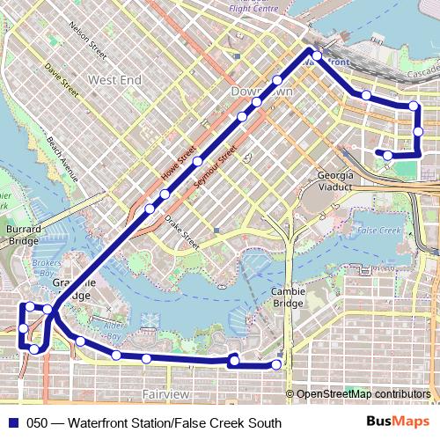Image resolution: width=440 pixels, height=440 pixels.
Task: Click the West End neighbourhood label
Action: coord(114,80)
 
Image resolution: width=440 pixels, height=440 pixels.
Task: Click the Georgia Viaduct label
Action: coord(334,180)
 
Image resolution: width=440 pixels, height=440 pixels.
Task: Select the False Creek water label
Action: coord(379,230)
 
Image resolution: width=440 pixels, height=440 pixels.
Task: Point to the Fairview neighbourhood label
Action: coord(165,393)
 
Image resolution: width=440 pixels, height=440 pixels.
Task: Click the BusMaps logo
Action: coord(399,422)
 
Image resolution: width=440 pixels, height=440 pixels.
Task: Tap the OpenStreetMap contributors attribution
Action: coord(363,394)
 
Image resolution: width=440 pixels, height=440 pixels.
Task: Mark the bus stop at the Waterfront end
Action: coord(316,56)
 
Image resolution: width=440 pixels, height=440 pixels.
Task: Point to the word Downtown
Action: coord(260,92)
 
